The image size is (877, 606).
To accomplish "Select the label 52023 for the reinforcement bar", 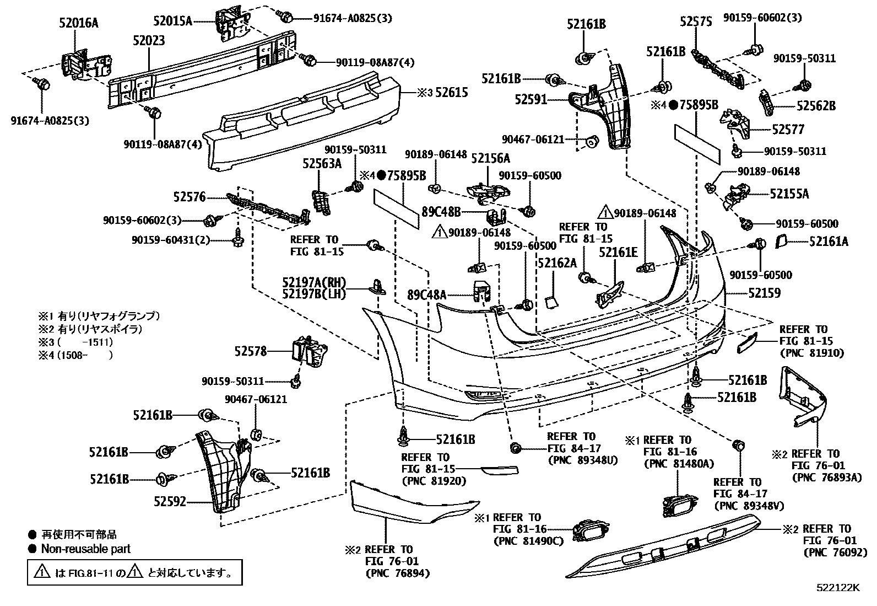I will [x=148, y=41].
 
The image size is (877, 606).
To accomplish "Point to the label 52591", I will [x=530, y=100].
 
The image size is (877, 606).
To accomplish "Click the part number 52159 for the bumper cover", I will [x=764, y=293].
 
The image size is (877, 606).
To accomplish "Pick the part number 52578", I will [x=250, y=351].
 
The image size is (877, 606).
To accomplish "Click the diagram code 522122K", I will [x=838, y=588].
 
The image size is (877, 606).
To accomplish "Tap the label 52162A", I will [x=557, y=262].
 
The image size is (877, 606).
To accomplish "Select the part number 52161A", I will [x=829, y=241].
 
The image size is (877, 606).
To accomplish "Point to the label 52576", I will [x=189, y=197].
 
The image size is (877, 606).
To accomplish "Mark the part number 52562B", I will [x=816, y=106].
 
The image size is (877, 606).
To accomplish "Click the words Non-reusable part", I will [x=86, y=549].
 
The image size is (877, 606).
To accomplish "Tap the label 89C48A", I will [x=426, y=294].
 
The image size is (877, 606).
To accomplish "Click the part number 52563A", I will [x=322, y=163].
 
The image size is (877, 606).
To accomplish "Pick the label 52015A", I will [x=173, y=22].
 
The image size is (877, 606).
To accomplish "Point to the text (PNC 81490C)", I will [x=529, y=541].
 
